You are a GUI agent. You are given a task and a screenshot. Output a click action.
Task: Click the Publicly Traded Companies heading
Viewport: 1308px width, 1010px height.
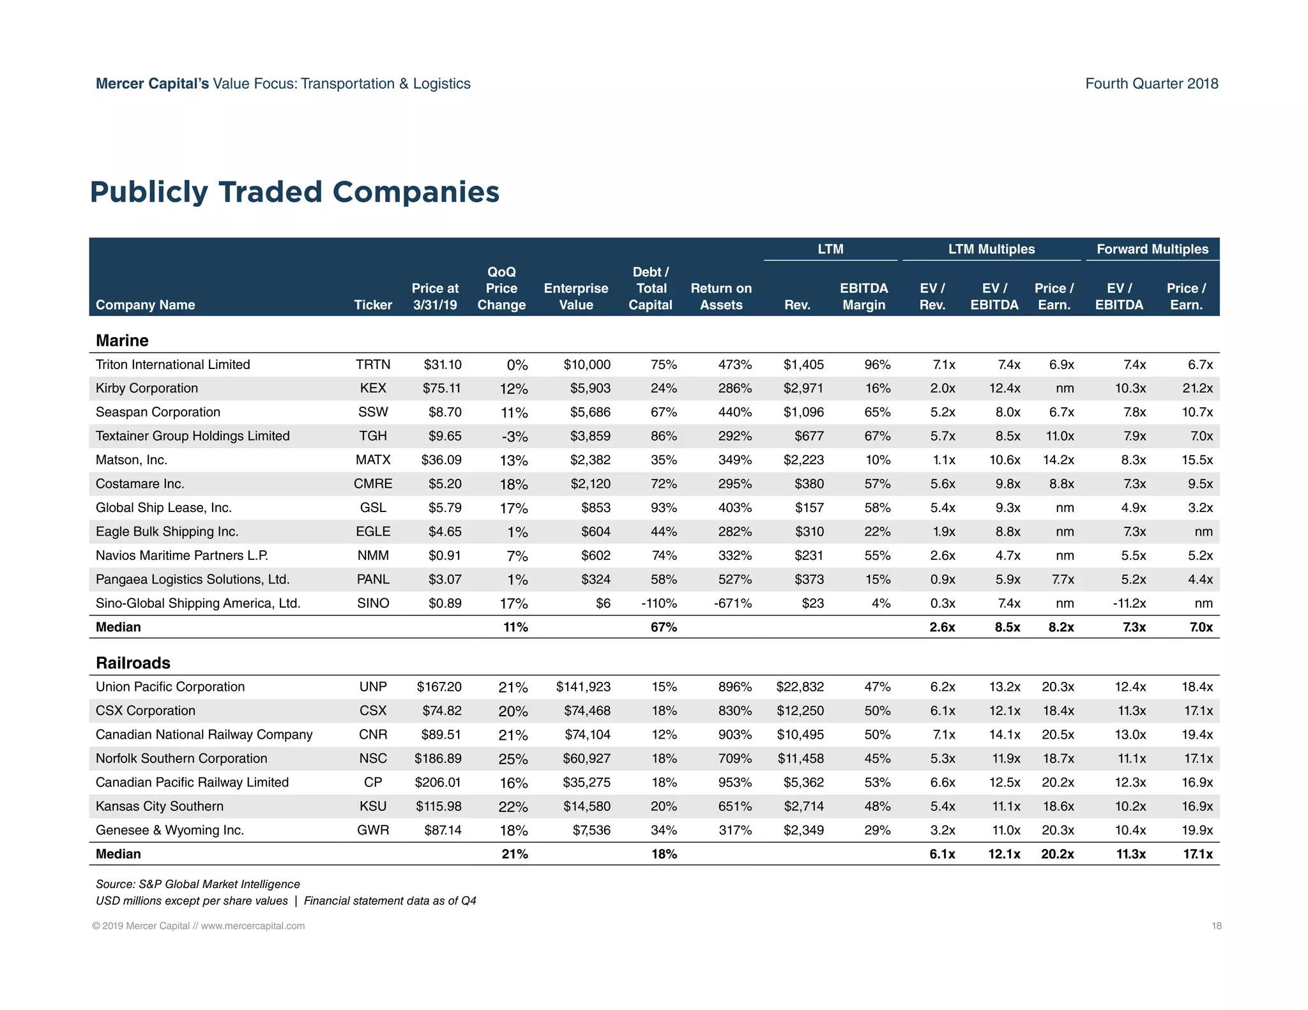coord(294,192)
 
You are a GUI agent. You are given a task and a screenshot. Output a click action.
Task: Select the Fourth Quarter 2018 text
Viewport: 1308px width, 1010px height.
coord(1152,84)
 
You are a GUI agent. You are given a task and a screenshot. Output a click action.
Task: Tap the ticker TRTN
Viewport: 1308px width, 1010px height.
coord(373,365)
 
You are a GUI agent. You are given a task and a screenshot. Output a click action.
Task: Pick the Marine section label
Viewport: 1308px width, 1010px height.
coord(122,340)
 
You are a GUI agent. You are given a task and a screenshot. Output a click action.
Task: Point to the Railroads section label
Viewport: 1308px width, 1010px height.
coord(133,663)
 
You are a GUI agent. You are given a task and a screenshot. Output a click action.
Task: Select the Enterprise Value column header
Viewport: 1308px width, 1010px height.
coord(575,296)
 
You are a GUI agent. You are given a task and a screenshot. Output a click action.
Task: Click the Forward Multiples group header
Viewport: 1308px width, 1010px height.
coord(1152,249)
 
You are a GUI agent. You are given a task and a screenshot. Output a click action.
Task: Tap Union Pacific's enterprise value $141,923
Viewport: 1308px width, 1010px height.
coord(583,687)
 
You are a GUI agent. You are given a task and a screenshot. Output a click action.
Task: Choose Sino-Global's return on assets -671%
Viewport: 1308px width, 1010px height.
coord(733,603)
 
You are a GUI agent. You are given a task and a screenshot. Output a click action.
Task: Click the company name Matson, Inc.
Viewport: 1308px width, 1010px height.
coord(132,460)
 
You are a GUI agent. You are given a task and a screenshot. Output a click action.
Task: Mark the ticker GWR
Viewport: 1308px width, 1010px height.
coord(373,830)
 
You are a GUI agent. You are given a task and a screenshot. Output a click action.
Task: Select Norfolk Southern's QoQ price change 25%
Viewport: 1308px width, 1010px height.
coord(513,759)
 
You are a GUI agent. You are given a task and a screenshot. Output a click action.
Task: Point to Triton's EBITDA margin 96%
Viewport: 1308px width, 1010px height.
coord(877,365)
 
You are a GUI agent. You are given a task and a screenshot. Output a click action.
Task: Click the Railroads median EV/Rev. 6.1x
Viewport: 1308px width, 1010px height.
coord(942,854)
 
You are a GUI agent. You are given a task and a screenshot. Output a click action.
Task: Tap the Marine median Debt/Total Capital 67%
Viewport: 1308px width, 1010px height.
coord(664,627)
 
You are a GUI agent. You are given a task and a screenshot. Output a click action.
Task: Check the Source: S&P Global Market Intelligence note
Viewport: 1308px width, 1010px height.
coord(198,884)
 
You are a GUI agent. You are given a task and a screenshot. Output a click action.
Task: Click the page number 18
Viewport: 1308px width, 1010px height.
coord(1216,926)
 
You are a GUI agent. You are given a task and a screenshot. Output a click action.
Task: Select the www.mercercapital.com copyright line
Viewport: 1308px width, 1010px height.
coord(199,926)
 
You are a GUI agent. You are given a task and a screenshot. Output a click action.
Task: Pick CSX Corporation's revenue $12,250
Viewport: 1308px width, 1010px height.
coord(800,711)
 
